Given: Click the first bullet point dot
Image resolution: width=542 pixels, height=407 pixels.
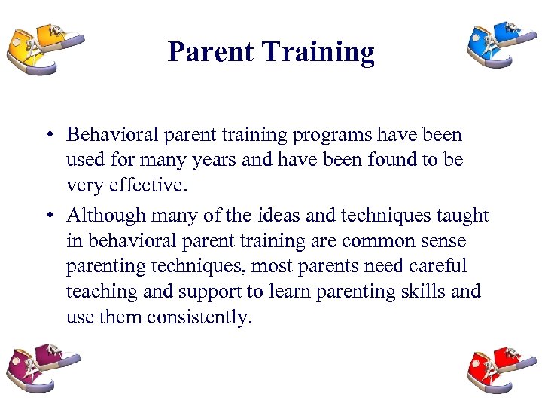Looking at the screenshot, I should click(47, 136).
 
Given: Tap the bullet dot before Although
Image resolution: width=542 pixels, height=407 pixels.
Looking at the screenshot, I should click(47, 216).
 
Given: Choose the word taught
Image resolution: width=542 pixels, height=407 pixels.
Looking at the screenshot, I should click(462, 216).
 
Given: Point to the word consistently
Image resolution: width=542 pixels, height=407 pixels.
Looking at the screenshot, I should click(198, 317).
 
